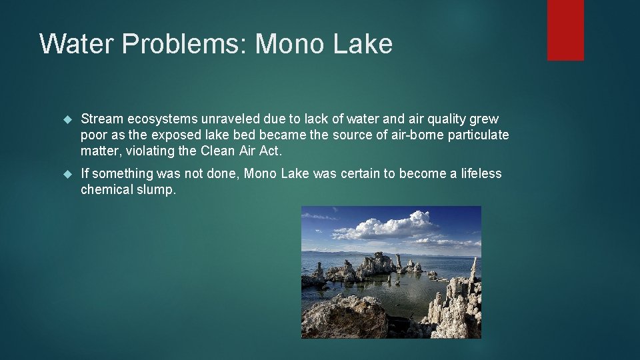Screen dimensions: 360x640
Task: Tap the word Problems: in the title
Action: tap(178, 44)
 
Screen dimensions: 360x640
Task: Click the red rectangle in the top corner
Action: tap(565, 30)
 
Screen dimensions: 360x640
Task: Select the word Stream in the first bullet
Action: tap(102, 119)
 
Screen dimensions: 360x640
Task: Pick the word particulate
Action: tap(478, 135)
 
